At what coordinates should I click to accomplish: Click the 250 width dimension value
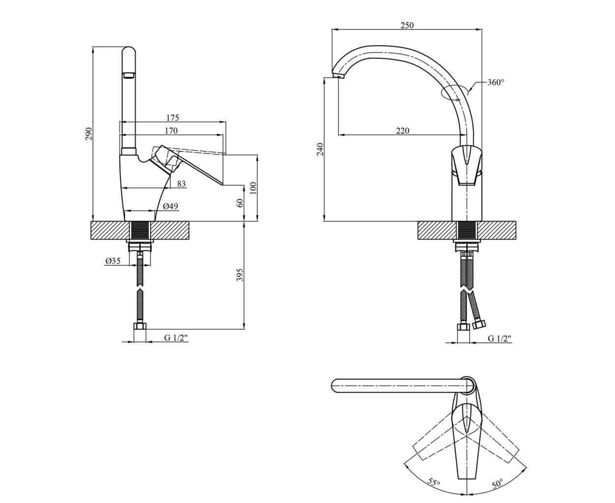coord(407,26)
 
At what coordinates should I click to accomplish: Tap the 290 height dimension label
coord(88,134)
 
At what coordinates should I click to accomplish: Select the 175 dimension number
coord(172,117)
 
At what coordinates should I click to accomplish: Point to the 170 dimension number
coord(171,131)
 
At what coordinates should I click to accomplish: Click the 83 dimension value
coord(181,183)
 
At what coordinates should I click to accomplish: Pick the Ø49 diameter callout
coord(170,206)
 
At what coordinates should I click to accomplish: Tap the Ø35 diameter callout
coord(113,261)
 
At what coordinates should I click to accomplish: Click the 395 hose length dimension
coord(240,275)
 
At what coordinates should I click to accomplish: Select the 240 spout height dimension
coord(320,149)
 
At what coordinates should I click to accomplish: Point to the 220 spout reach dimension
coord(402,131)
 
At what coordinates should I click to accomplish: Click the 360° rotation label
coord(496,83)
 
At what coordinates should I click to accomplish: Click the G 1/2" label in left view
coord(176,337)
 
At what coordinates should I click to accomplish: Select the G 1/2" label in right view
coord(500,338)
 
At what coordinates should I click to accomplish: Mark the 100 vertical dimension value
coord(253,188)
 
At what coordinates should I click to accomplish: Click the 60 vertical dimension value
coord(240,203)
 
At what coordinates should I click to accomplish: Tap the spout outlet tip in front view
coord(338,76)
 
